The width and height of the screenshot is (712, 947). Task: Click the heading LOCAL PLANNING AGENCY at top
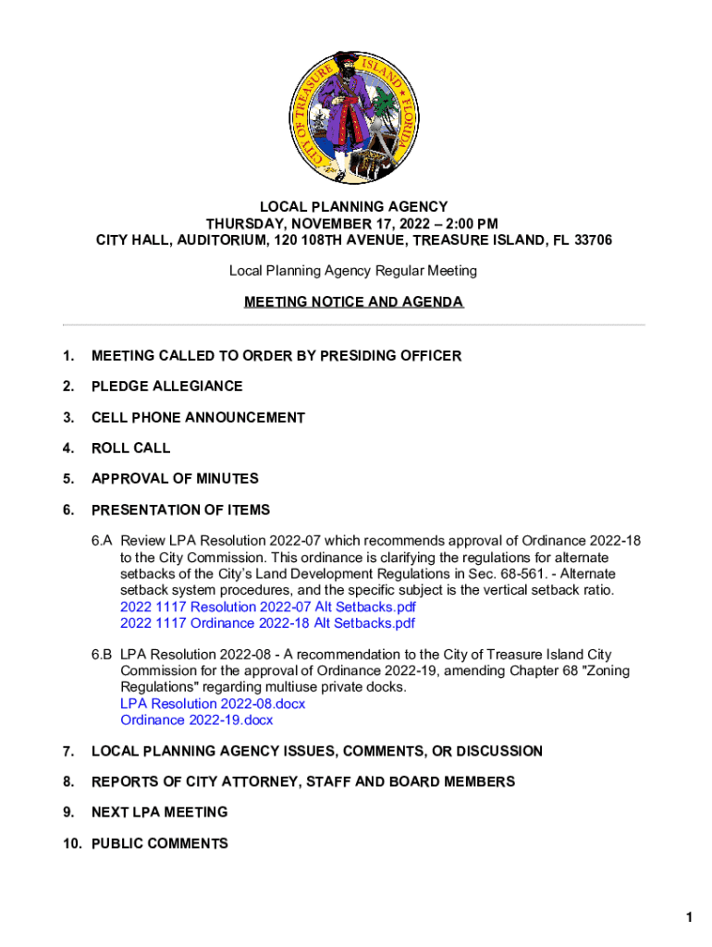(354, 207)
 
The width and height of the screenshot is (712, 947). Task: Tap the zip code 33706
(591, 240)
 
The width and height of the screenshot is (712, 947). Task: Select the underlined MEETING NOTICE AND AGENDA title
(354, 302)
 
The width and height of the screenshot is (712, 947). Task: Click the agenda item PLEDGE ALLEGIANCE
(166, 386)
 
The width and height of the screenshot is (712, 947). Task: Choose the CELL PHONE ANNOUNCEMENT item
(198, 417)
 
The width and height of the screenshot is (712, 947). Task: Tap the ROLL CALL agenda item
(130, 448)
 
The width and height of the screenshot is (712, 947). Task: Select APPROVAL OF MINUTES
(175, 478)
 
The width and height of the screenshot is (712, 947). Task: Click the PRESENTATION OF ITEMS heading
(180, 510)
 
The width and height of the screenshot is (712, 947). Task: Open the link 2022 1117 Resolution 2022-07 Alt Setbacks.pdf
(268, 607)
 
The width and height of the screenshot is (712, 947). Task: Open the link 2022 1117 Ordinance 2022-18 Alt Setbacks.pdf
(268, 623)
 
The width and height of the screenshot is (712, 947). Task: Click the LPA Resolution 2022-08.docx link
(213, 704)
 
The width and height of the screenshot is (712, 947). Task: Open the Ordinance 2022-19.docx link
(197, 720)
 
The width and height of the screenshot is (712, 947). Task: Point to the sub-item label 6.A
(102, 540)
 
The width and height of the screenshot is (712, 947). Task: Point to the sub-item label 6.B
(102, 655)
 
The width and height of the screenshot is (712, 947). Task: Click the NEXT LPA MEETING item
(159, 812)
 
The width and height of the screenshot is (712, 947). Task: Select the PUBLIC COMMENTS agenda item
(159, 843)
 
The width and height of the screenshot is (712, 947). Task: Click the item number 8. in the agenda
(68, 781)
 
